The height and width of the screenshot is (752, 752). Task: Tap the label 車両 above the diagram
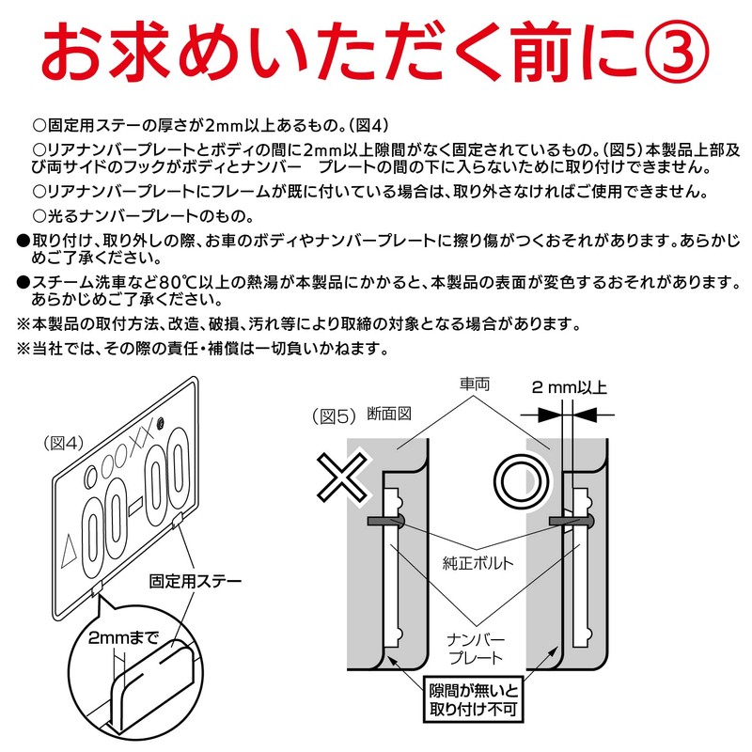pyautogui.click(x=476, y=385)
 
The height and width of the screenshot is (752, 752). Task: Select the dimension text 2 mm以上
pyautogui.click(x=569, y=387)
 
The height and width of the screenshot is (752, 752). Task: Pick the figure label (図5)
pyautogui.click(x=332, y=415)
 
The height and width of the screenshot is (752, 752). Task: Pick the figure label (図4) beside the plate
pyautogui.click(x=63, y=439)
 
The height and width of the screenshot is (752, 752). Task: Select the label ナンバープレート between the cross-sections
pyautogui.click(x=476, y=648)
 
